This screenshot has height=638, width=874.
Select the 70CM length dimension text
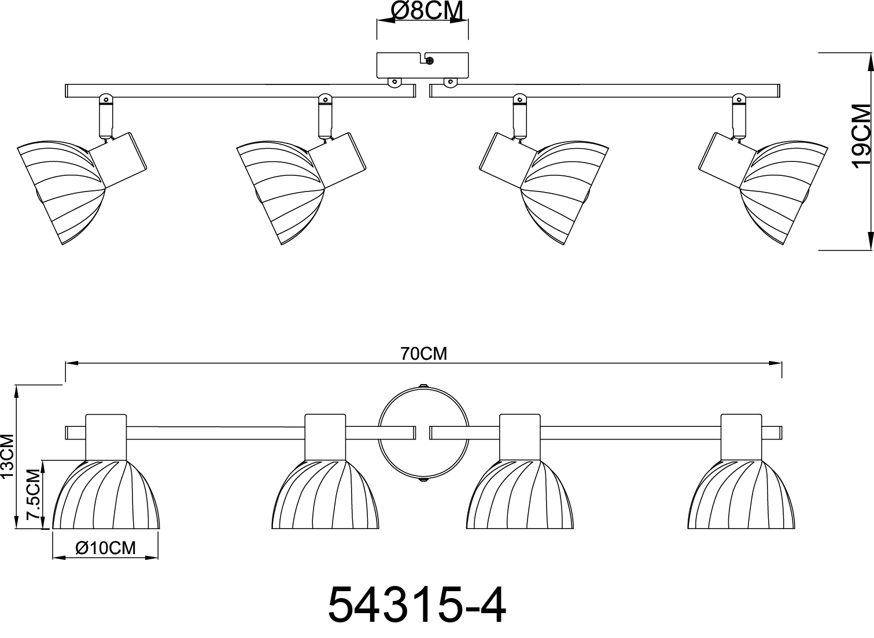424,353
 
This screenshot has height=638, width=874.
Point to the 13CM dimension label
8,456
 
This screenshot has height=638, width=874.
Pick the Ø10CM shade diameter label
105,547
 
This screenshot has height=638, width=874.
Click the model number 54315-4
416,605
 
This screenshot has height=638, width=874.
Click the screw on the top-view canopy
429,59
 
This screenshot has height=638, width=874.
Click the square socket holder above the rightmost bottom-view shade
740,437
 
